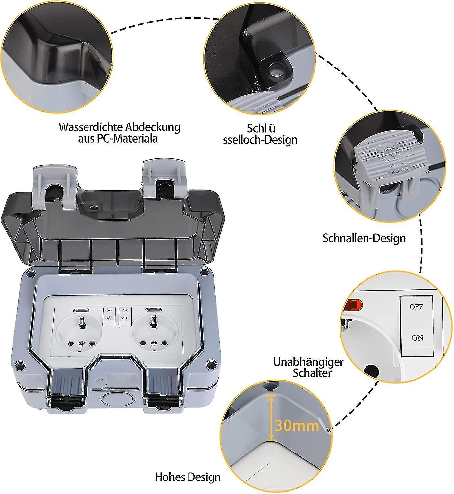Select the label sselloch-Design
[260, 140]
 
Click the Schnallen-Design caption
[364, 238]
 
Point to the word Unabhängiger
[308, 362]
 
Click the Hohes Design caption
[188, 477]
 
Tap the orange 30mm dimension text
[297, 426]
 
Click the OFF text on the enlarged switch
[416, 307]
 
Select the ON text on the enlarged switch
[417, 338]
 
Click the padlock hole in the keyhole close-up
[275, 70]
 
